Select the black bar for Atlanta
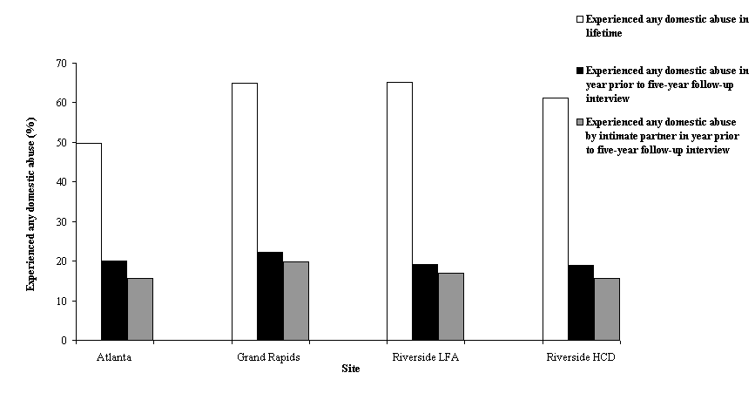(x=114, y=301)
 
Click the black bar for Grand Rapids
(x=270, y=296)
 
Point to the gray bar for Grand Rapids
(x=295, y=301)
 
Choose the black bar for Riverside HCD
(x=581, y=302)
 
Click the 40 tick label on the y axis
(x=60, y=182)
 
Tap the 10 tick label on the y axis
(x=60, y=302)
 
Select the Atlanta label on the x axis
(x=114, y=357)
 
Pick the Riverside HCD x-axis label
(x=580, y=357)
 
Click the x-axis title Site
(x=350, y=369)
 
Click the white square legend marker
(x=578, y=18)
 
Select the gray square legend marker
(x=578, y=122)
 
